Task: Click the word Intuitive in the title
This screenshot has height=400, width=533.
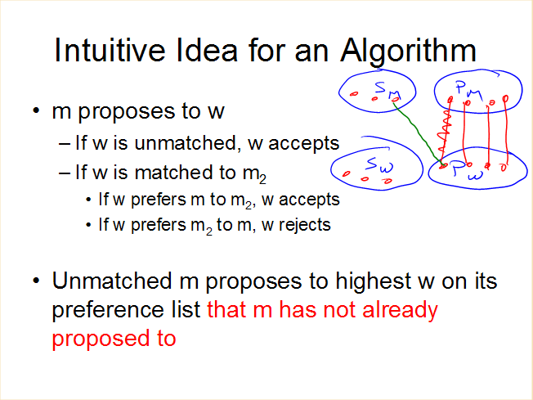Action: click(x=110, y=50)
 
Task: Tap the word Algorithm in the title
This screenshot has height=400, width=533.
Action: click(x=408, y=52)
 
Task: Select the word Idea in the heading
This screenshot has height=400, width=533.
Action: click(x=206, y=50)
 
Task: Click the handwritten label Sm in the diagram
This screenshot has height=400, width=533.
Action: click(x=387, y=91)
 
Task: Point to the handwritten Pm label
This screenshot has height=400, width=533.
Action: click(x=469, y=91)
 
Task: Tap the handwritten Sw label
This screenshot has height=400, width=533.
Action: click(x=379, y=165)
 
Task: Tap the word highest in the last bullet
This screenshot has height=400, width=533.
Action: click(x=374, y=281)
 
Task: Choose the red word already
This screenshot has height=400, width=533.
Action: click(x=400, y=311)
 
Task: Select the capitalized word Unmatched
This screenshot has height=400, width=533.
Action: click(x=112, y=281)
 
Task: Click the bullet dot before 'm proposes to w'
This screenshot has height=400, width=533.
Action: click(x=36, y=110)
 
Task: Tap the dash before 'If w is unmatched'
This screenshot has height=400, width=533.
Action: click(x=65, y=144)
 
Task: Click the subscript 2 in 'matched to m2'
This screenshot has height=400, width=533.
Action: click(x=262, y=179)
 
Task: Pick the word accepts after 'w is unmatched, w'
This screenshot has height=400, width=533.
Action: click(x=304, y=144)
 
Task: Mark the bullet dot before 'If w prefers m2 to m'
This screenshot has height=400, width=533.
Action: click(x=89, y=225)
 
